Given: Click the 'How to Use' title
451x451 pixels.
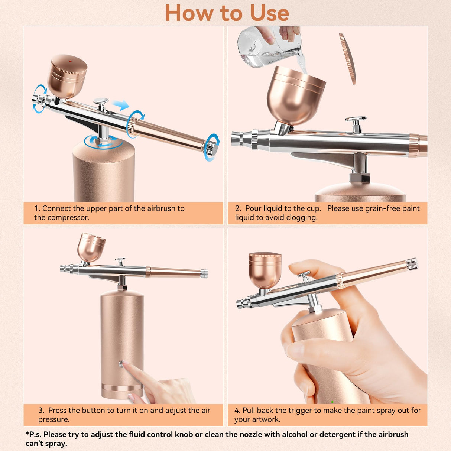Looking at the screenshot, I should (227, 13).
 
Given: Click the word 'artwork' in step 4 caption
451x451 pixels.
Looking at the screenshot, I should (266, 419).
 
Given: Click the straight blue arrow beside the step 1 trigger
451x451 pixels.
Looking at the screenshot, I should (121, 106).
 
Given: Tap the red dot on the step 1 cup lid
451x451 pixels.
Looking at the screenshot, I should (69, 61).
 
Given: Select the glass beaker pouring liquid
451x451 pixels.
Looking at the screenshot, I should (267, 46).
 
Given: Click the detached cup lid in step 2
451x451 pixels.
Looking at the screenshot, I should (348, 58).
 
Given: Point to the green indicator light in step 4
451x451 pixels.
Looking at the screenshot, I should (332, 402).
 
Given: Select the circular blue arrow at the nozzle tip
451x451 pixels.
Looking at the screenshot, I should (40, 98).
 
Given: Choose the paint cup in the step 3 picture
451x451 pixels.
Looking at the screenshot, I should (91, 247).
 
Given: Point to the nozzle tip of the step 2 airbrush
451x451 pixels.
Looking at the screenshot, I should (236, 139).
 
